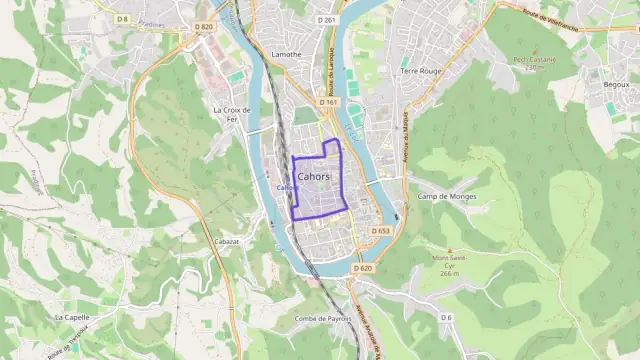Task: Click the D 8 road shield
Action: (x=122, y=19)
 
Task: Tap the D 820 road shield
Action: (x=205, y=27)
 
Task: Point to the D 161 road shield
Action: (x=329, y=102)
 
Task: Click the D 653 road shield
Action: (x=380, y=231)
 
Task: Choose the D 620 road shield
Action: (x=362, y=268)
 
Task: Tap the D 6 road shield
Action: (x=446, y=317)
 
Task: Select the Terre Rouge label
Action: (x=420, y=71)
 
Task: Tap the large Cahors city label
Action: (x=315, y=177)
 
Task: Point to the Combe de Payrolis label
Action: (x=321, y=319)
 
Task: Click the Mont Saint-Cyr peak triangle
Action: (x=449, y=250)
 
